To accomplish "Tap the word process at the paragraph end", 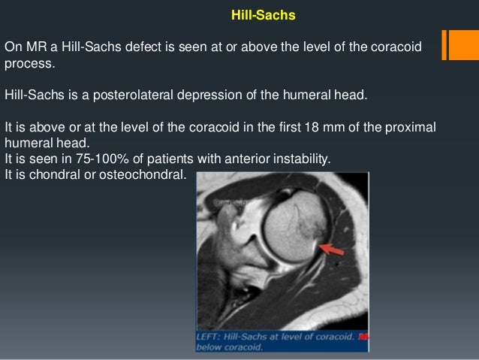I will (28, 65).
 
